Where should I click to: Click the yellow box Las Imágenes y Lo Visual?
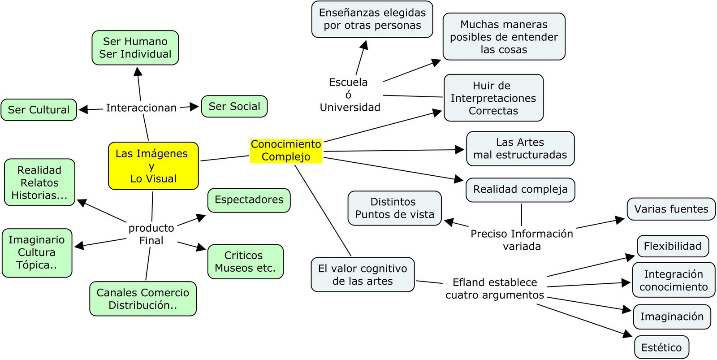153,166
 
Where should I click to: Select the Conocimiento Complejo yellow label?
286,151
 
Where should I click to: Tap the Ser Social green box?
234,107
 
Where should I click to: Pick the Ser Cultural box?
39,110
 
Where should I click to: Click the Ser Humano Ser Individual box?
135,48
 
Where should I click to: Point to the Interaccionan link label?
141,108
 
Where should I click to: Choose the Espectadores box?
249,200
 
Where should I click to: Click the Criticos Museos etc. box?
245,262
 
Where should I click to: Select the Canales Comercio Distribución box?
143,299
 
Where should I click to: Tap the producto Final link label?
151,234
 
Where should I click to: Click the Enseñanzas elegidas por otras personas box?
372,19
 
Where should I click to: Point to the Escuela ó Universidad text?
350,95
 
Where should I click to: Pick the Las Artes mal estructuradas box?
520,149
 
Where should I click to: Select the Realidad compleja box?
520,190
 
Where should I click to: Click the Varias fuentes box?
671,209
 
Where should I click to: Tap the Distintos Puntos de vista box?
394,208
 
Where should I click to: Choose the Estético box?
661,347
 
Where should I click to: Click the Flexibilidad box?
672,246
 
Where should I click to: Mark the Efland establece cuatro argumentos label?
494,289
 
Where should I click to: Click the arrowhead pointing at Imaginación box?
627,309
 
